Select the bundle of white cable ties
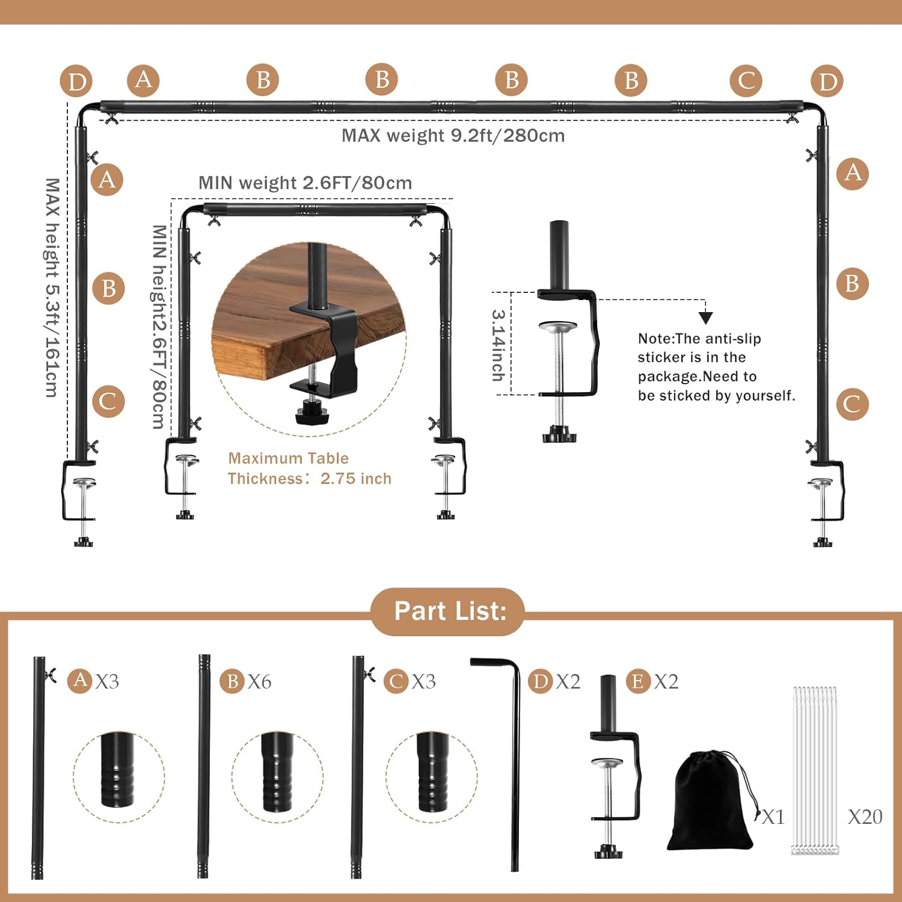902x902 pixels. [x=815, y=770]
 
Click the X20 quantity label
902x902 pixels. [x=864, y=817]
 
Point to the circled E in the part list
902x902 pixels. [x=637, y=681]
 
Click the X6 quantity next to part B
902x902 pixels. [x=259, y=681]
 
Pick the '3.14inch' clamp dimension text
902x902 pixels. [x=498, y=345]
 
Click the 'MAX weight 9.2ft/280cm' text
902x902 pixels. [x=453, y=135]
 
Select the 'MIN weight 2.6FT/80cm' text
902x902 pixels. [x=305, y=183]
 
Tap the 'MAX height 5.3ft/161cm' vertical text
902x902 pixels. [x=53, y=287]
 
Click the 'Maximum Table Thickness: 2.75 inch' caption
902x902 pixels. [x=309, y=468]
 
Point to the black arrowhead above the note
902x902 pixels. [x=705, y=318]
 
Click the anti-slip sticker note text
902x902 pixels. [x=716, y=367]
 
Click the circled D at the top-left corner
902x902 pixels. [x=76, y=82]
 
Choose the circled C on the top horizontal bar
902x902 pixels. [x=746, y=81]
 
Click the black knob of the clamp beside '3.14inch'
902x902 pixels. [x=559, y=435]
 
